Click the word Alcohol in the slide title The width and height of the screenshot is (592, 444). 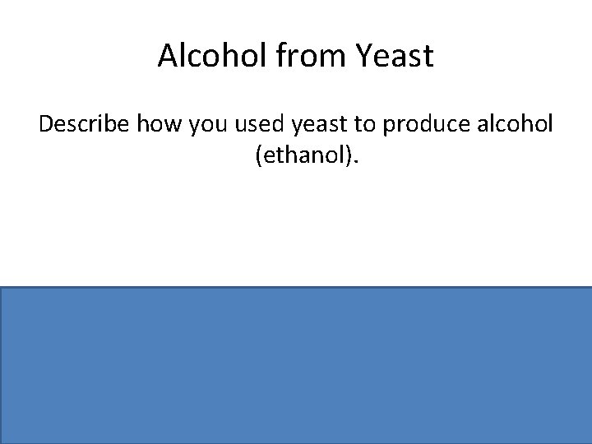coord(201,56)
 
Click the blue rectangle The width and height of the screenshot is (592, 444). coord(296,365)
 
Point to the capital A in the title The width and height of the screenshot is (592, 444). coord(167,56)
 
